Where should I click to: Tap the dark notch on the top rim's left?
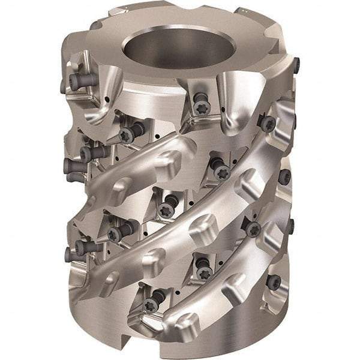[96, 25]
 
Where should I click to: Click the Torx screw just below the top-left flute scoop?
[127, 136]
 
